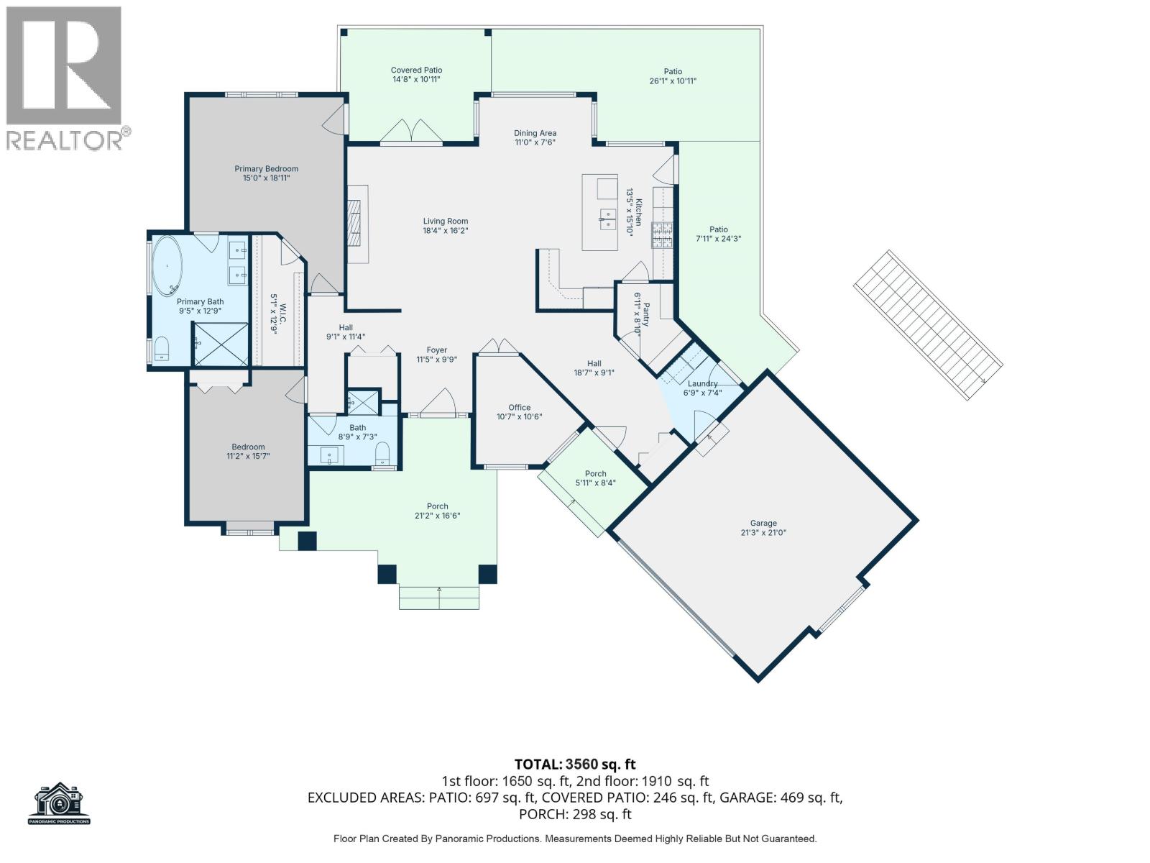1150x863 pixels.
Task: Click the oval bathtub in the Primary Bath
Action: click(167, 265)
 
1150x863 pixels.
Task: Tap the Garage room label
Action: click(763, 523)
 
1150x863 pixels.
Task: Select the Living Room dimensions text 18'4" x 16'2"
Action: click(446, 231)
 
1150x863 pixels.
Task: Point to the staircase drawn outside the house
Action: click(928, 325)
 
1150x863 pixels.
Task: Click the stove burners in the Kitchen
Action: click(662, 234)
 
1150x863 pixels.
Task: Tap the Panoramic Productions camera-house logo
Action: click(59, 803)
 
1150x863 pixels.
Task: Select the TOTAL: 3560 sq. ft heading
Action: click(575, 764)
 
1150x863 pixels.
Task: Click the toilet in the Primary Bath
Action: click(161, 349)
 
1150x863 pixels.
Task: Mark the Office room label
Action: click(519, 408)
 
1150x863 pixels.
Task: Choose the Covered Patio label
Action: click(416, 70)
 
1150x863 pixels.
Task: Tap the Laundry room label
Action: click(702, 383)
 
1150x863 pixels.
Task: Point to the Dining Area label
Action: click(535, 133)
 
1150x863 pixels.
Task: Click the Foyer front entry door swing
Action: click(438, 403)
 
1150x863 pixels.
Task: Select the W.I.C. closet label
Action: click(283, 314)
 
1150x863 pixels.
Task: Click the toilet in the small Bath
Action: click(383, 453)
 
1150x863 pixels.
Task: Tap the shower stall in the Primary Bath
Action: click(221, 344)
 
